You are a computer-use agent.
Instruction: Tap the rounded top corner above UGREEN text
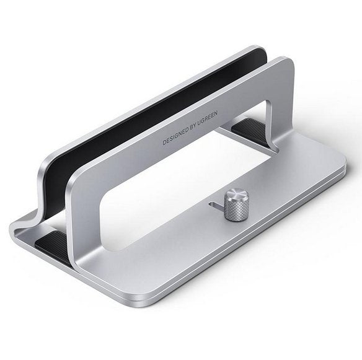tap(286, 65)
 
